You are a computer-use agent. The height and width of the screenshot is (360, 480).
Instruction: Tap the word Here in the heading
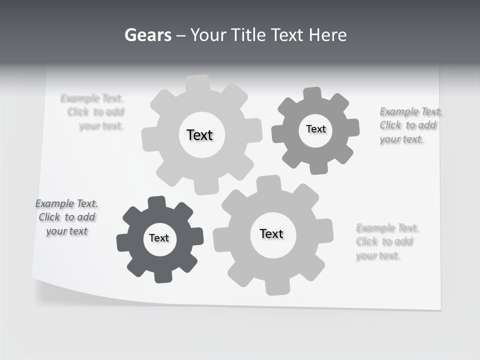click(327, 35)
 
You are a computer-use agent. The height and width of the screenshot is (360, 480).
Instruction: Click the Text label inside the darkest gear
click(159, 238)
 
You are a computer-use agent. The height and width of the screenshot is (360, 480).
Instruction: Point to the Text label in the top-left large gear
click(199, 135)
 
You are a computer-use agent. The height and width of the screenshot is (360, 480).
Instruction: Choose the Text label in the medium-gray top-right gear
click(315, 129)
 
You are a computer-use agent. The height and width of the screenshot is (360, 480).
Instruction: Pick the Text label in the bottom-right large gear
click(271, 234)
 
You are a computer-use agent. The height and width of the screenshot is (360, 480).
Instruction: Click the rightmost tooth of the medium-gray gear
click(352, 127)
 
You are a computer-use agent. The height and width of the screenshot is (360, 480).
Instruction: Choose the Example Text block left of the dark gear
click(66, 217)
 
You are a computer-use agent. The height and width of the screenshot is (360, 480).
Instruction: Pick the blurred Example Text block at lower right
click(386, 242)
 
